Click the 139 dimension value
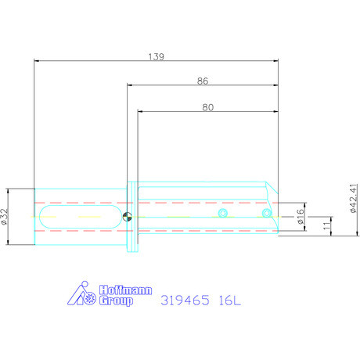click(x=156, y=56)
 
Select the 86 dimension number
click(x=202, y=81)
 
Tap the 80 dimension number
click(x=207, y=109)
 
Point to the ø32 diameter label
click(x=5, y=216)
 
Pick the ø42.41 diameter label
click(x=354, y=199)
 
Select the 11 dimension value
click(x=326, y=228)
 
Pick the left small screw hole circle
click(x=223, y=213)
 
